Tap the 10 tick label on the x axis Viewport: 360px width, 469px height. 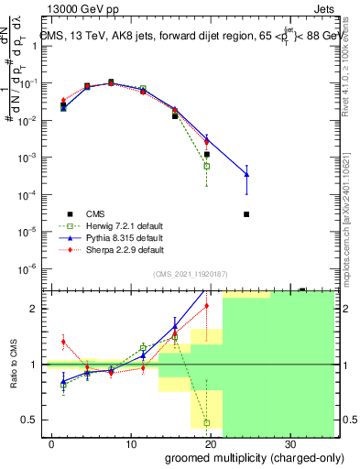[x=130, y=443]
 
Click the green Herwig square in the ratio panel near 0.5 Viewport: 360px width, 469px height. [x=207, y=422]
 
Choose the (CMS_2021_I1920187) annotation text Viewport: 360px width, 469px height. [x=190, y=274]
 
